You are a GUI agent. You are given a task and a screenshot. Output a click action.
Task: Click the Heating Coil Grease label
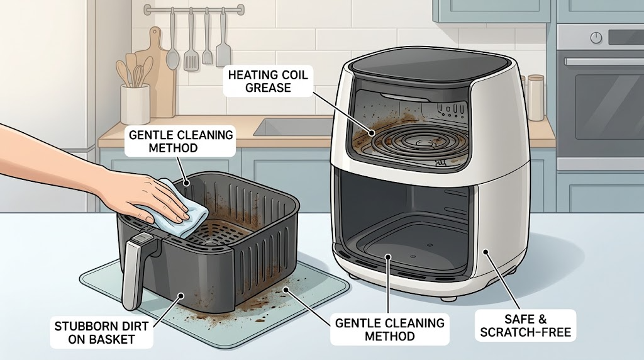(x=268, y=81)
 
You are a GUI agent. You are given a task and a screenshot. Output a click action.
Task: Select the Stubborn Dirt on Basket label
(x=101, y=333)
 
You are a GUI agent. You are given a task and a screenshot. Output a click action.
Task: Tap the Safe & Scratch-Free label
(x=525, y=325)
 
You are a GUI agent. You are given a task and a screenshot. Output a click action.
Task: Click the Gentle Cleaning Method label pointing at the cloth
(x=180, y=142)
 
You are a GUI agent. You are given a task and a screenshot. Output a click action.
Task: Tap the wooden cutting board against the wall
(x=158, y=75)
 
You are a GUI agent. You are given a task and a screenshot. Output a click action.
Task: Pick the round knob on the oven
(x=596, y=38)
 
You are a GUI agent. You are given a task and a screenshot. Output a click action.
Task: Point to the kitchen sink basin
(x=293, y=127)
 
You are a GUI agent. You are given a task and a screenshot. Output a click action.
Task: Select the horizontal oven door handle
(x=604, y=62)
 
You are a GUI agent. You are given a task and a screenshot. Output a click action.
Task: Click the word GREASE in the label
(x=268, y=88)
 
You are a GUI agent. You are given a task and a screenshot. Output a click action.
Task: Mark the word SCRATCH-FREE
(x=526, y=332)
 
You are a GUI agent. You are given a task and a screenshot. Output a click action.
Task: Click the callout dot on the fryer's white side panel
(x=485, y=251)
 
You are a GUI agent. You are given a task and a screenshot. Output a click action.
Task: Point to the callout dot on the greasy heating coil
(x=372, y=133)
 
